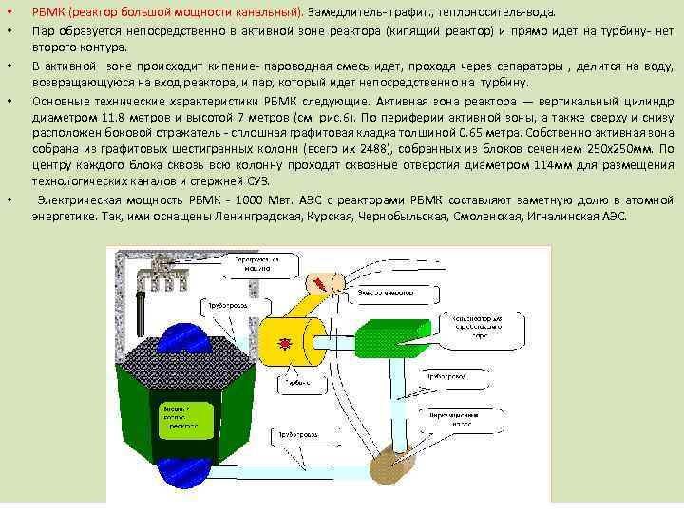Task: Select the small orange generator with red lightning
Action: [322, 282]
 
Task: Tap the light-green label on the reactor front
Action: [186, 419]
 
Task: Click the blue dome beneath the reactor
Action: [196, 481]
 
